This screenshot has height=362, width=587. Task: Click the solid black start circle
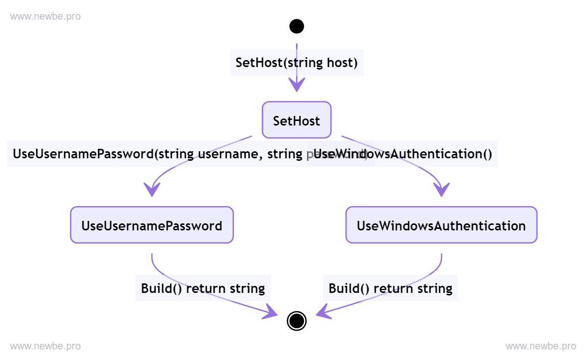(x=297, y=26)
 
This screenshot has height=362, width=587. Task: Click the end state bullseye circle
(x=297, y=320)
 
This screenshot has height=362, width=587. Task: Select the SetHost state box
(x=297, y=120)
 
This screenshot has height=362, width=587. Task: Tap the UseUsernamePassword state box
(x=152, y=225)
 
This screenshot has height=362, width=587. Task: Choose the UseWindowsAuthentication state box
(x=441, y=225)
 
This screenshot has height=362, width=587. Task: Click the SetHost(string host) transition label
(x=297, y=63)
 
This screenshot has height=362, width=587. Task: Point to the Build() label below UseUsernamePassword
(x=203, y=288)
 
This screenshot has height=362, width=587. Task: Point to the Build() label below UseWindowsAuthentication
(x=390, y=288)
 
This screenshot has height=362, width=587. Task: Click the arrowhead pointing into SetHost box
(x=297, y=85)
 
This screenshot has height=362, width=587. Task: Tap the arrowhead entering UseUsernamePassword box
(x=152, y=190)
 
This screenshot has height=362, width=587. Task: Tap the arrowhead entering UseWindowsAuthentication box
(x=442, y=190)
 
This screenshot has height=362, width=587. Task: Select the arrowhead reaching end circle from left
(x=270, y=313)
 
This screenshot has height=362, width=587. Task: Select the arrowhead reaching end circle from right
(x=323, y=312)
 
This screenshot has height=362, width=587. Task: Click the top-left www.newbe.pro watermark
(x=45, y=17)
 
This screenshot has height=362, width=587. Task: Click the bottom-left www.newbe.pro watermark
(x=45, y=346)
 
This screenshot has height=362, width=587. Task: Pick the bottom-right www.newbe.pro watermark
(x=541, y=346)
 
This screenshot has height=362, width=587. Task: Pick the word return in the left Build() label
(x=206, y=288)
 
